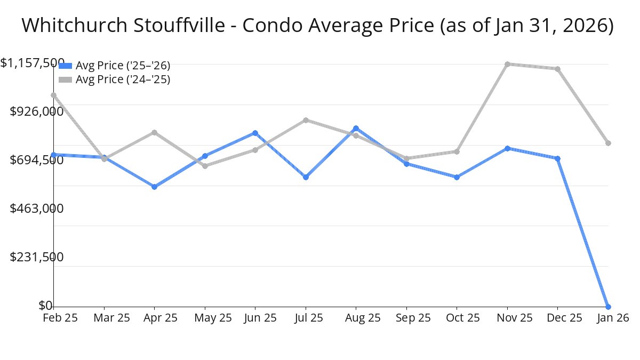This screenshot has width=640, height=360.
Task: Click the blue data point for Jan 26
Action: point(608,307)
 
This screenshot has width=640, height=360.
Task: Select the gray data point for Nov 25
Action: point(507,64)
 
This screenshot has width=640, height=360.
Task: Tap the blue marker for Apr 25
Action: point(154,187)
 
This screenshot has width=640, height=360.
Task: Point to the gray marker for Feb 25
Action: point(53,95)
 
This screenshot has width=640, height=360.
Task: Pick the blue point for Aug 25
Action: point(356,129)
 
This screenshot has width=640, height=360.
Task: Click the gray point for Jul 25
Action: point(306,120)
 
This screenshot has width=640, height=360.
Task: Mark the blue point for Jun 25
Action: point(255,133)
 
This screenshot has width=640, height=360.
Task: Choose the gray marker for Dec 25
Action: point(557,69)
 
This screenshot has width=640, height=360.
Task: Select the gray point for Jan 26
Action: point(608,143)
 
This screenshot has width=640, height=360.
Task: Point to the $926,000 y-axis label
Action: point(37,111)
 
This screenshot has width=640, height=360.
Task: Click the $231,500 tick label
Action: point(37,257)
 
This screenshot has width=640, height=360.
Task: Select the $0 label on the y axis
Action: point(45,306)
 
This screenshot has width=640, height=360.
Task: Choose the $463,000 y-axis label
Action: point(37,208)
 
